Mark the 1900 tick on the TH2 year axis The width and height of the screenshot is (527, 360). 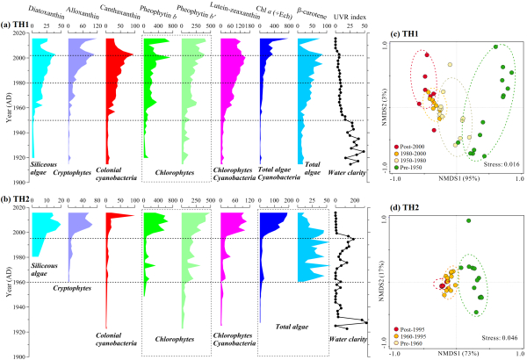point(18,356)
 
